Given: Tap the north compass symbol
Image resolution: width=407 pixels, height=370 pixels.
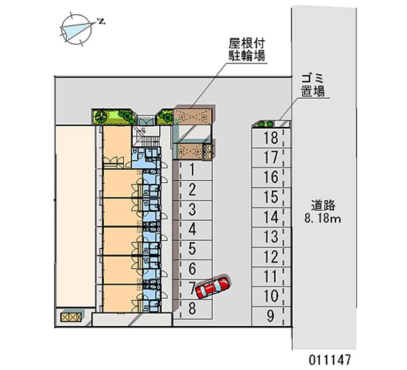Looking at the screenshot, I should tap(76, 28).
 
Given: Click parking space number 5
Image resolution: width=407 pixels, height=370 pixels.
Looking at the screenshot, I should tap(193, 249).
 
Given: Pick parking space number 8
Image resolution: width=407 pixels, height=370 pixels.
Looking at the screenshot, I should tap(193, 308).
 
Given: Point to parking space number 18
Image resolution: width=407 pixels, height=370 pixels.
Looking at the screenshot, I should tap(271, 137).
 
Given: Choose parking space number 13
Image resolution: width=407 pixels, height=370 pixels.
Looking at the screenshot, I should tap(271, 237).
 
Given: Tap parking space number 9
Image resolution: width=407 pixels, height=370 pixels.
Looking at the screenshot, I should tap(271, 316).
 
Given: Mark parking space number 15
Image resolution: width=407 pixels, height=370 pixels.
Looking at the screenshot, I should tap(271, 197).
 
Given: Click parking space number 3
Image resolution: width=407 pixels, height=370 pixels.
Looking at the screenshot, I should tap(193, 209).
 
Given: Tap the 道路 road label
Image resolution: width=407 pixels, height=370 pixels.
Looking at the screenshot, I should tap(323, 206).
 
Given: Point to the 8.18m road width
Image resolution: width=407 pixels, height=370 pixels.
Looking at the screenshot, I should tap(323, 219).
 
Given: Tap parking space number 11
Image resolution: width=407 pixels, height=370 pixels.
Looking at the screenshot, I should tap(271, 276).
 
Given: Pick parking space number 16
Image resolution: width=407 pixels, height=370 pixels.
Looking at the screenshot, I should tap(271, 177).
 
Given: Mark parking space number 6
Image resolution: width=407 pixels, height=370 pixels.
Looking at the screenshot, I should tap(193, 268).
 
